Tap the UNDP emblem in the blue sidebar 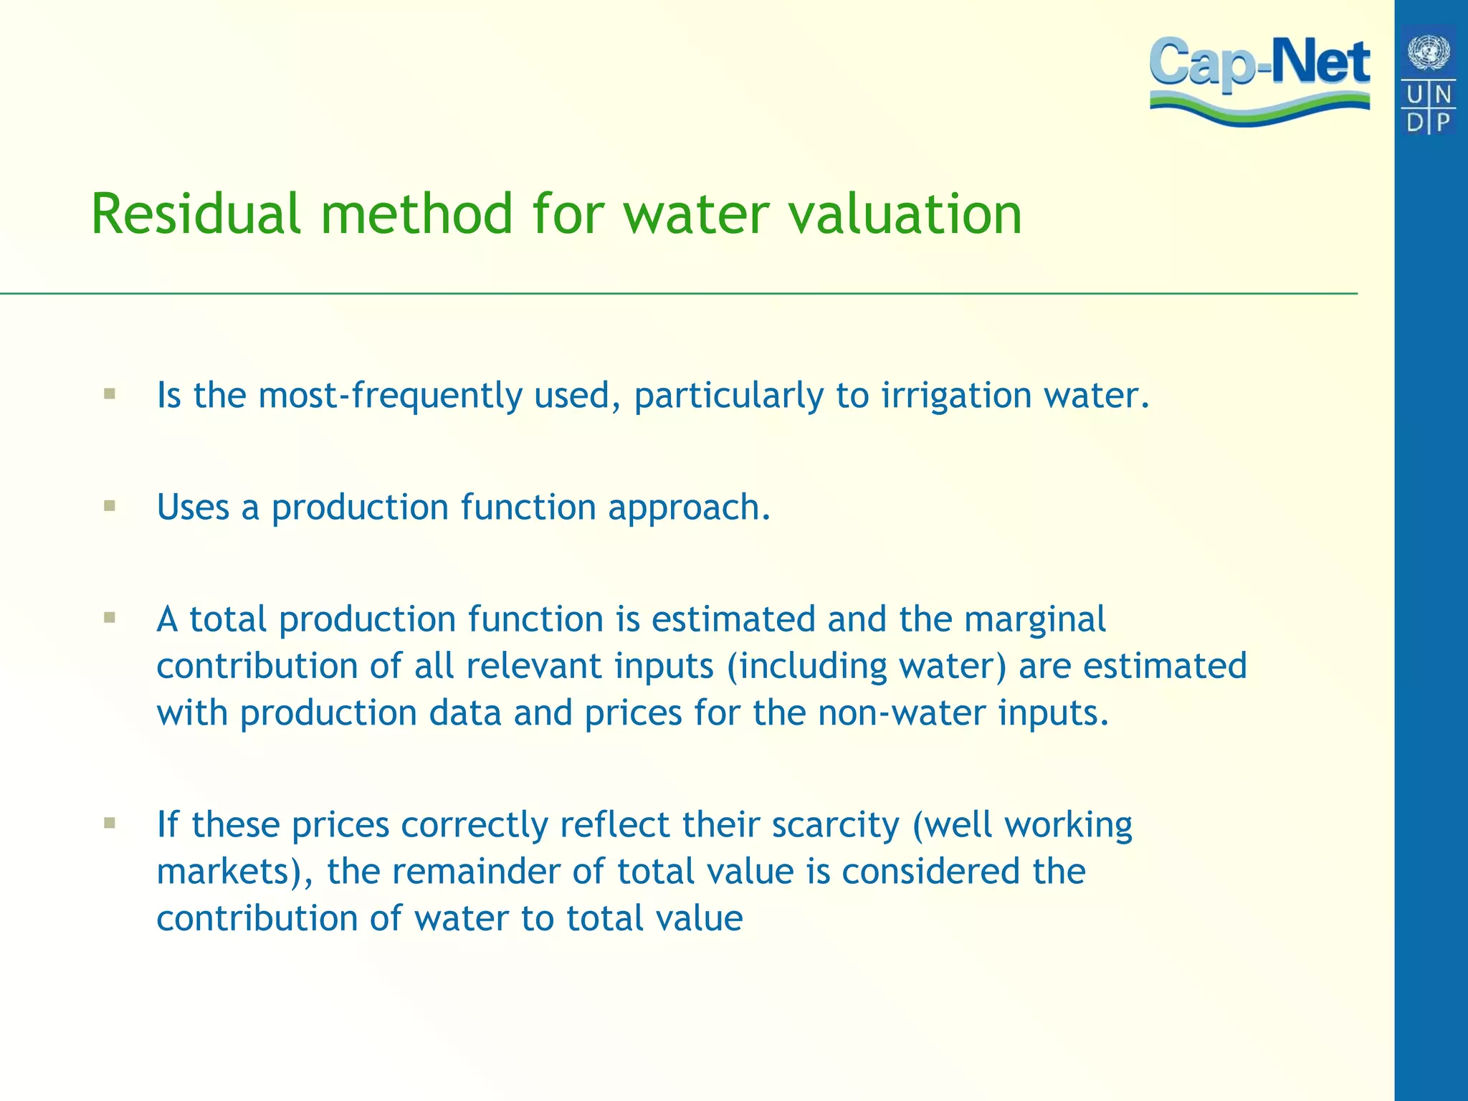[1429, 80]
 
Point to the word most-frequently [389, 396]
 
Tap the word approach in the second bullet [689, 507]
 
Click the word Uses [193, 507]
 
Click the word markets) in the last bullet [234, 872]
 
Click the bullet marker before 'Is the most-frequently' [110, 394]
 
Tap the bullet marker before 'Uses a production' [110, 506]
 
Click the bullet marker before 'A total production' [110, 618]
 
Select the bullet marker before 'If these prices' [110, 823]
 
